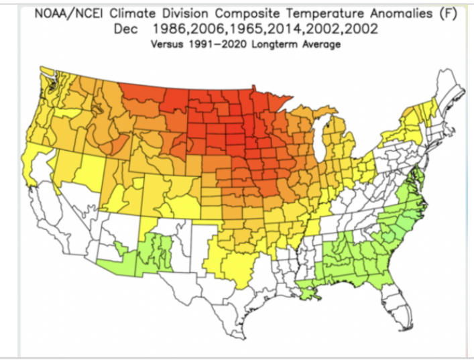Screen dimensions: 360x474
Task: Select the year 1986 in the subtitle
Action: [x=168, y=29]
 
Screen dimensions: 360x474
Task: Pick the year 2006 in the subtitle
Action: [x=207, y=29]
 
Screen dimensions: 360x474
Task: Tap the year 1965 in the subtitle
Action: [x=245, y=29]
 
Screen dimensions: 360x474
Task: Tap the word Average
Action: [x=321, y=44]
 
